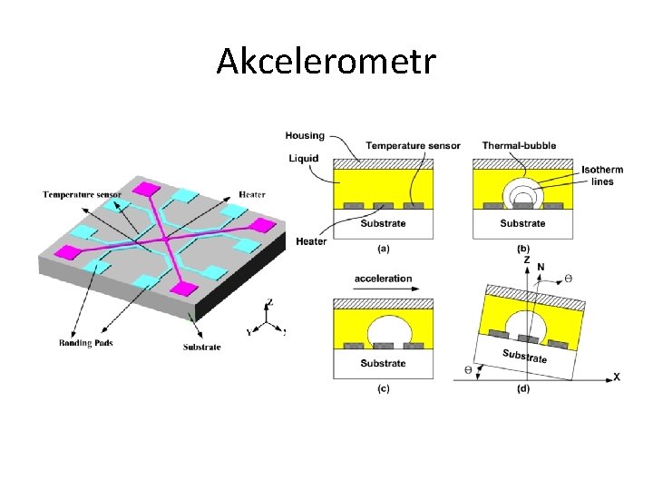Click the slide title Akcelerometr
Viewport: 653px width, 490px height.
pos(326,62)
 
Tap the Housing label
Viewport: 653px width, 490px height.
pos(305,136)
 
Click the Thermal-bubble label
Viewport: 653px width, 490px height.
pos(520,145)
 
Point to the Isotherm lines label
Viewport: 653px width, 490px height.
pos(598,175)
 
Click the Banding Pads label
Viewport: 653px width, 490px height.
pos(86,342)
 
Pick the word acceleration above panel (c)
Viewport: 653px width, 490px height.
pos(383,279)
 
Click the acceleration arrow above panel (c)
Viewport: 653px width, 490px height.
pos(383,290)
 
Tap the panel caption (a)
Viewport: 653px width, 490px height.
pos(383,247)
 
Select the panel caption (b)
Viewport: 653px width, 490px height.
pos(523,248)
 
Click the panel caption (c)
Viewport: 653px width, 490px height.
pos(383,388)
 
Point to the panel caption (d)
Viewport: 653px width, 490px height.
pos(523,388)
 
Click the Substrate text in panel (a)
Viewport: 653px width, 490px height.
pos(383,223)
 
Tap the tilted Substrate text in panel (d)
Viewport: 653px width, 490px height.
pos(525,356)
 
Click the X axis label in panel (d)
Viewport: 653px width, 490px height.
pos(617,377)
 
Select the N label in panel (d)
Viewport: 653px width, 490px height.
pos(541,267)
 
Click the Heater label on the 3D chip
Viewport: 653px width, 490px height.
pos(252,195)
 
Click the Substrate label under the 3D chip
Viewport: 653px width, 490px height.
pos(201,347)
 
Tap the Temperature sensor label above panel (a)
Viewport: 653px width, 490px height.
pos(413,145)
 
